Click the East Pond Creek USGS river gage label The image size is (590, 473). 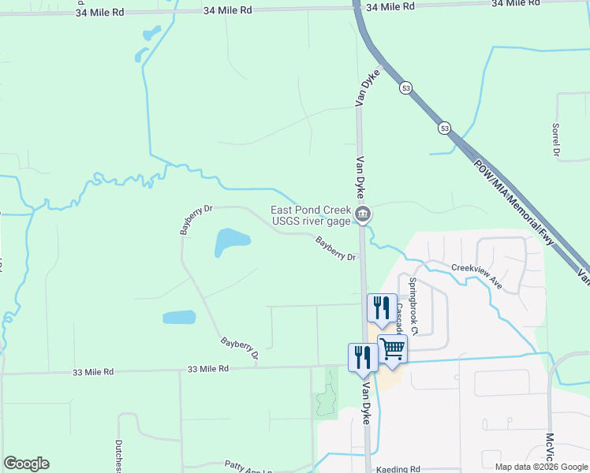309,215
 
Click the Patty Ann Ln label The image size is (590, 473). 248,466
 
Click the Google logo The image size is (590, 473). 26,464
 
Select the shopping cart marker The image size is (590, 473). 392,348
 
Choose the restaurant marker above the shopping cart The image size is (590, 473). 382,307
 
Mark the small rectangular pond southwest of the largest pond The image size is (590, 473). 179,317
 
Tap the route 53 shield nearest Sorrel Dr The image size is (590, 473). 445,128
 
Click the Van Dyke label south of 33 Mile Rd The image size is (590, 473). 366,404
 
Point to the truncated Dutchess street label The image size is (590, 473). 118,456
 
